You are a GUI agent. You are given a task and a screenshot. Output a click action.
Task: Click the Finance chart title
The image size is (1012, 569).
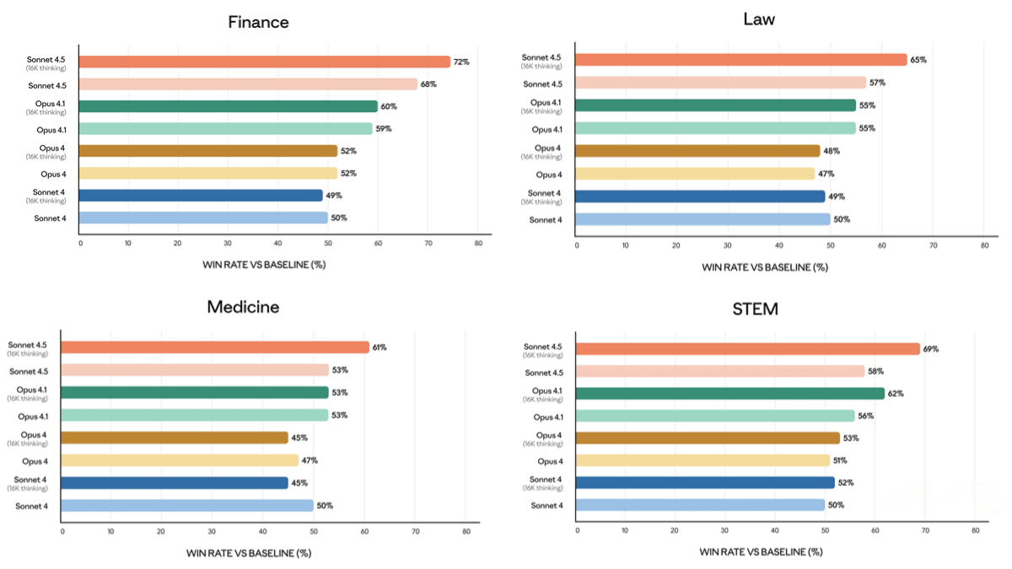(x=258, y=22)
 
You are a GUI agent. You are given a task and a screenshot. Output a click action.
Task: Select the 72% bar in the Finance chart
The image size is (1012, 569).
(x=266, y=62)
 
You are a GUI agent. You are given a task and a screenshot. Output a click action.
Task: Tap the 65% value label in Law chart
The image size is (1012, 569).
(x=918, y=60)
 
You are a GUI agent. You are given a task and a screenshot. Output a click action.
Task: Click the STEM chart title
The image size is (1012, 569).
(x=754, y=309)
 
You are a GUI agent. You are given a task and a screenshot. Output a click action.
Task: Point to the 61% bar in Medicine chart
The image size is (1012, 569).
(x=215, y=347)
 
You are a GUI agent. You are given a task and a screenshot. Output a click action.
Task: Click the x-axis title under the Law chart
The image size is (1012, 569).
(x=764, y=266)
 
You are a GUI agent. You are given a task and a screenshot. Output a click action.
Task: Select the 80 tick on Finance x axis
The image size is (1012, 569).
(x=477, y=243)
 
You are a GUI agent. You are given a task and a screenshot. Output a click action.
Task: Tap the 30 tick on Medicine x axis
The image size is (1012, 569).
(x=213, y=532)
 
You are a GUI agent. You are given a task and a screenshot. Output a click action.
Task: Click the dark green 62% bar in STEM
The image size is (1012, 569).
(x=730, y=393)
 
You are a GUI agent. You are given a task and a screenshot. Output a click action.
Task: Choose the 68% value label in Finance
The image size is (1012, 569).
(x=428, y=84)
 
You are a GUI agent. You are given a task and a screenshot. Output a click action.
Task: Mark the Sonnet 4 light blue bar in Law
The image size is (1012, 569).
(x=702, y=219)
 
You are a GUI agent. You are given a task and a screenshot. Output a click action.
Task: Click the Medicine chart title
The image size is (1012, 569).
(x=243, y=307)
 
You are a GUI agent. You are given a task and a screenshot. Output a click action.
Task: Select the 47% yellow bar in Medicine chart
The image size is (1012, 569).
(x=180, y=460)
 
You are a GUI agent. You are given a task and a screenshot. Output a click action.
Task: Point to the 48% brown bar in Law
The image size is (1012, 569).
(x=698, y=151)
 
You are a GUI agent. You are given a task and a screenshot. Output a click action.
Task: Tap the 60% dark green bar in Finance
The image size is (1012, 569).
(x=229, y=106)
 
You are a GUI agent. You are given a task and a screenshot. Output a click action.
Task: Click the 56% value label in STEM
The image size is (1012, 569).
(x=866, y=416)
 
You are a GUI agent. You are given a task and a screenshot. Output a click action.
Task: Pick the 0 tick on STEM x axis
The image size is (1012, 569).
(x=578, y=531)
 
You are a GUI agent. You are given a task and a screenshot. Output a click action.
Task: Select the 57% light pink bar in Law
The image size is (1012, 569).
(x=721, y=83)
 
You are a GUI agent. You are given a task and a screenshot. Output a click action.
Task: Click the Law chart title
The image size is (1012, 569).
(x=759, y=19)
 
